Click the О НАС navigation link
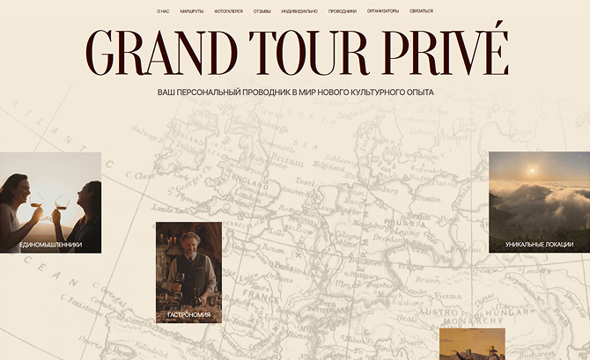tap(163, 11)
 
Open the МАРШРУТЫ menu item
tap(192, 11)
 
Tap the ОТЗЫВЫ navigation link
tap(262, 11)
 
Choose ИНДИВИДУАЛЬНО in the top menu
tap(299, 11)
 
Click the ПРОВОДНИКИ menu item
tap(343, 11)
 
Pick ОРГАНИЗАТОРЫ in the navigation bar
tap(383, 11)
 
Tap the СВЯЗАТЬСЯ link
tap(421, 11)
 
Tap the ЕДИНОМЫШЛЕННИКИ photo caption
tap(50, 244)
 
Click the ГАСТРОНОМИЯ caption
tap(188, 314)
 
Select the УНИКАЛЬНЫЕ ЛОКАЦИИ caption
tap(539, 244)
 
